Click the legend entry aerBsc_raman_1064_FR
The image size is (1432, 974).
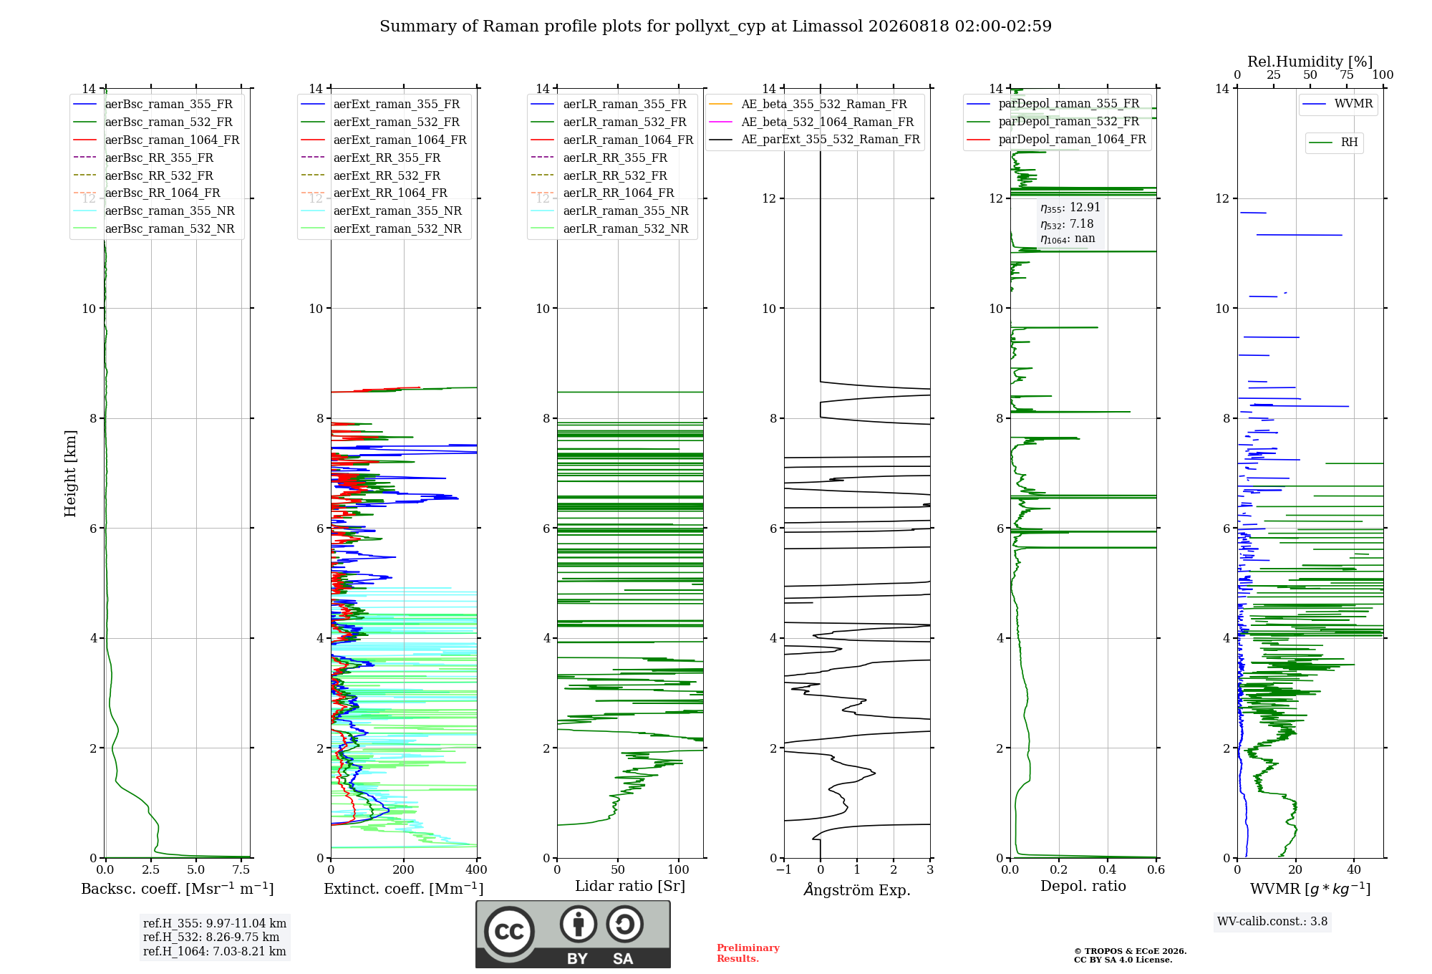coord(173,140)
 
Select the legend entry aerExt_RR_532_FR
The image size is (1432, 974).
coord(387,175)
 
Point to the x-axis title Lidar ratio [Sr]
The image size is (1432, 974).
coord(630,886)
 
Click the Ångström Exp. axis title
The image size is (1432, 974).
coord(857,889)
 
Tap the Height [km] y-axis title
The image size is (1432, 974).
coord(70,473)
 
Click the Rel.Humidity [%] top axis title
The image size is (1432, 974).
coord(1310,62)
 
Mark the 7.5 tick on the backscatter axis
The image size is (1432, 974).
coord(241,869)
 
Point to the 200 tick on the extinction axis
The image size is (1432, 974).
coord(404,869)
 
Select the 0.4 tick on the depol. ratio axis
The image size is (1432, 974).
coord(1108,869)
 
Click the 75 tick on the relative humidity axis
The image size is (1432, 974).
coord(1347,74)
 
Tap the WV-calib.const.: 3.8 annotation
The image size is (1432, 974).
coord(1272,921)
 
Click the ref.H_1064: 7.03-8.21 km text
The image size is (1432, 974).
coord(215,951)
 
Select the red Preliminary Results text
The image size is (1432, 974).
coord(748,953)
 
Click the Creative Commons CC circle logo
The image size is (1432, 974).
coord(509,931)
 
